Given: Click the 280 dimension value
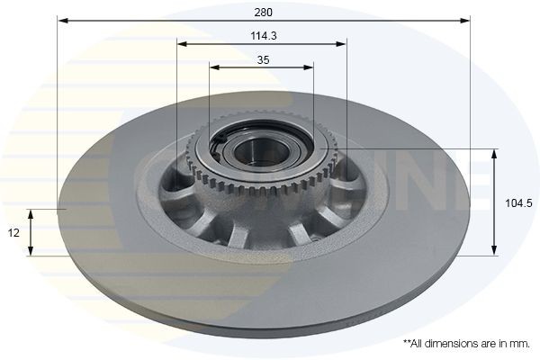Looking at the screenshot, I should click(263, 13).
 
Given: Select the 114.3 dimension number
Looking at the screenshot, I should click(262, 35).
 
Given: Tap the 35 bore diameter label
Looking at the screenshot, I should click(262, 59).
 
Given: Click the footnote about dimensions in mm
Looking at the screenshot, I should click(465, 343).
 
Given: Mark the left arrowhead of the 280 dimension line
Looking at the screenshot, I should click(62, 20).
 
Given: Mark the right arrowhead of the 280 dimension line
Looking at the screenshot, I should click(465, 20).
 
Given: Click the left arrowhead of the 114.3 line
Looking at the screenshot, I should click(182, 42).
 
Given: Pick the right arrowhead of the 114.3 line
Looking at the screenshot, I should click(341, 42).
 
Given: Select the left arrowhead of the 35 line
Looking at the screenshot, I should click(214, 67).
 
